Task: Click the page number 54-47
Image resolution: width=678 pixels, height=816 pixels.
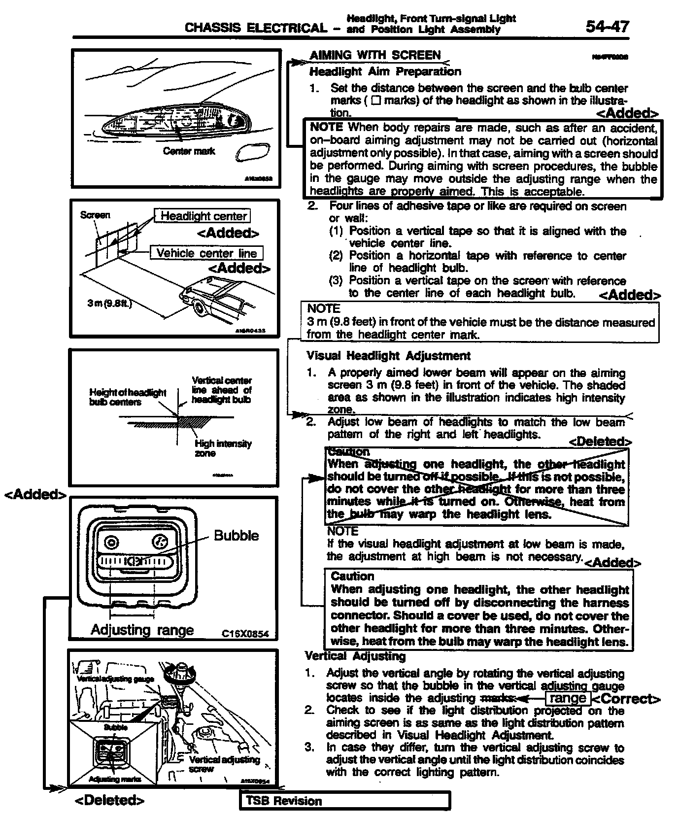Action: point(607,26)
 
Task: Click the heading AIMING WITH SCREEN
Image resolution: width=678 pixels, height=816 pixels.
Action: point(375,55)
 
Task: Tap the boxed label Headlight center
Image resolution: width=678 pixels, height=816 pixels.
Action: point(203,216)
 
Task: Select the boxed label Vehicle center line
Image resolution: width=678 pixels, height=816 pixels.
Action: point(206,253)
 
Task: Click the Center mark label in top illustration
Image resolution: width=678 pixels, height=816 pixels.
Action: point(189,151)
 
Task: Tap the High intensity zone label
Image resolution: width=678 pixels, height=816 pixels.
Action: point(223,448)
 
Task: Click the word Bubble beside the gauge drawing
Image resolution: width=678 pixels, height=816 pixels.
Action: point(236,536)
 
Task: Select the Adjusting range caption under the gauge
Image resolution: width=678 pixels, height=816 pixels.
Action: point(142,630)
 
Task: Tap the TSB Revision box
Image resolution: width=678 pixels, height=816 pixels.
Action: point(345,801)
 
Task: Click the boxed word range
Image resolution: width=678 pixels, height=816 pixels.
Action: point(567,698)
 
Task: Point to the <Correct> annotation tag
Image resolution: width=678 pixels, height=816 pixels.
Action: point(626,699)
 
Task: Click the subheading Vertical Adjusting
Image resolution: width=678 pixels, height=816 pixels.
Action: point(355,656)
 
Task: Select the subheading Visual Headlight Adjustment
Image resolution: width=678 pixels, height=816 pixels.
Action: point(388,355)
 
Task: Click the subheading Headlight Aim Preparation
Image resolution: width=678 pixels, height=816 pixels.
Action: point(385,71)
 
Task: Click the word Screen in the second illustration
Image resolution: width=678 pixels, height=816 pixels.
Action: point(95,215)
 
